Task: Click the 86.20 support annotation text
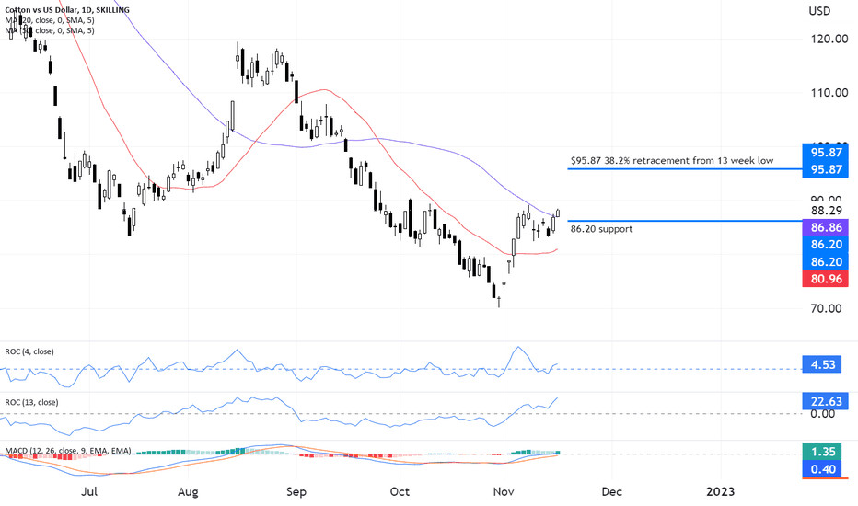tap(601, 229)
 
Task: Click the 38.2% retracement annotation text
tap(671, 160)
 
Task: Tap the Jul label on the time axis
tap(89, 492)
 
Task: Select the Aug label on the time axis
tap(189, 492)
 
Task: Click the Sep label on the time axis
tap(296, 492)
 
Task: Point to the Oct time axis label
tap(400, 492)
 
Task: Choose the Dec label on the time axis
tap(612, 492)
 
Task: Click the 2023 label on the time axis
tap(719, 492)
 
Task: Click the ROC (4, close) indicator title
tap(34, 351)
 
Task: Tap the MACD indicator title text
tap(69, 451)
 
